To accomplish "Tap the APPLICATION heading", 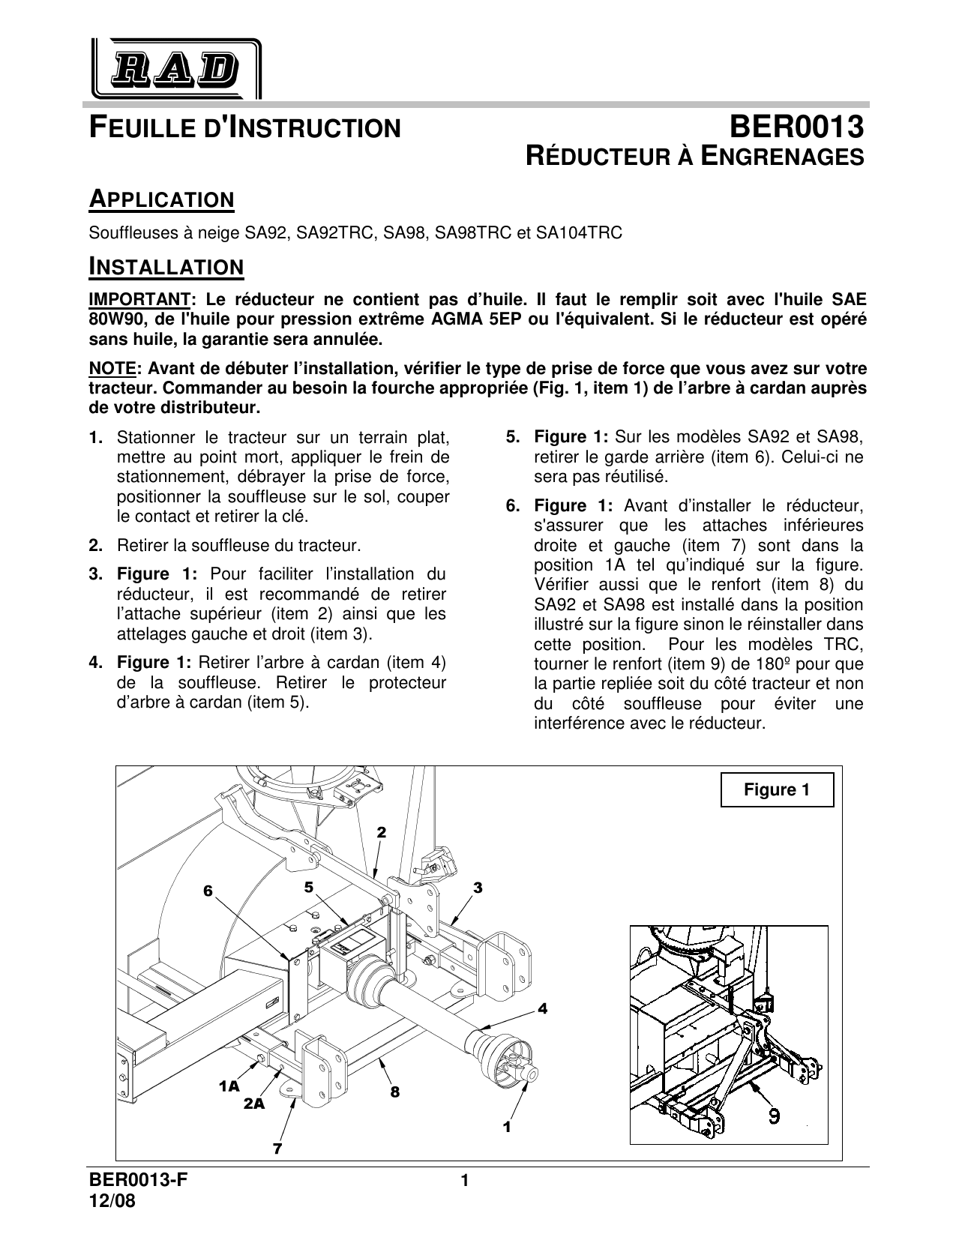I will click(161, 200).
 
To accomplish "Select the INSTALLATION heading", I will click(166, 267).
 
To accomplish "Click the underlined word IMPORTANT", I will click(138, 299).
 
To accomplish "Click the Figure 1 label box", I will click(777, 789).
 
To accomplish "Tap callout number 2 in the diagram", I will click(381, 832).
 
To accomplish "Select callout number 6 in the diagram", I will click(208, 890).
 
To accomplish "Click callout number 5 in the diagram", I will click(308, 887).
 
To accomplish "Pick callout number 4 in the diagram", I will click(543, 1009).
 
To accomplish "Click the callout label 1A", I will click(229, 1085).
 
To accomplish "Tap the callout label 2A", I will click(254, 1104).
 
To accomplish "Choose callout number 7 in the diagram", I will click(277, 1147).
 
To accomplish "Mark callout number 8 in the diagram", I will click(394, 1092).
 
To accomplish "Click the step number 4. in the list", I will click(95, 662).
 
